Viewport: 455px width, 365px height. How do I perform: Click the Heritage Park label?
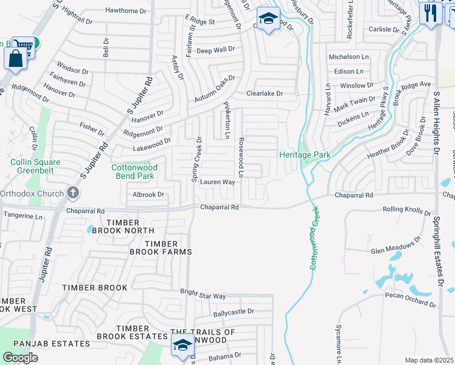click(305, 155)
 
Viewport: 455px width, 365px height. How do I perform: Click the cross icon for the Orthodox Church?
click(72, 194)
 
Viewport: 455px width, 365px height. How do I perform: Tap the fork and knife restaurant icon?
click(431, 13)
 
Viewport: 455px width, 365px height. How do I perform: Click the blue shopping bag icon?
click(16, 58)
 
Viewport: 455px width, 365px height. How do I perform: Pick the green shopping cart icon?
click(25, 44)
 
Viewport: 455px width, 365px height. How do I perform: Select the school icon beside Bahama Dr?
click(182, 346)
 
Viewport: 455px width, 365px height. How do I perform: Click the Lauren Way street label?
click(218, 182)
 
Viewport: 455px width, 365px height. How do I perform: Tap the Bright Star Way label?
click(203, 294)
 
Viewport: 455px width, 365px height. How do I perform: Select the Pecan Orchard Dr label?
click(411, 299)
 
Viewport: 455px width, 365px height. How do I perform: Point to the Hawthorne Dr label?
click(126, 10)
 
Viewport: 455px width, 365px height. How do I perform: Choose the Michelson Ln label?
click(349, 57)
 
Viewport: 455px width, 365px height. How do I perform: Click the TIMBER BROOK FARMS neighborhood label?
click(160, 248)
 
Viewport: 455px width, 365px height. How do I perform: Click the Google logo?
click(20, 357)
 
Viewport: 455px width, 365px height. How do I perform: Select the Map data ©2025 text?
click(429, 360)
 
